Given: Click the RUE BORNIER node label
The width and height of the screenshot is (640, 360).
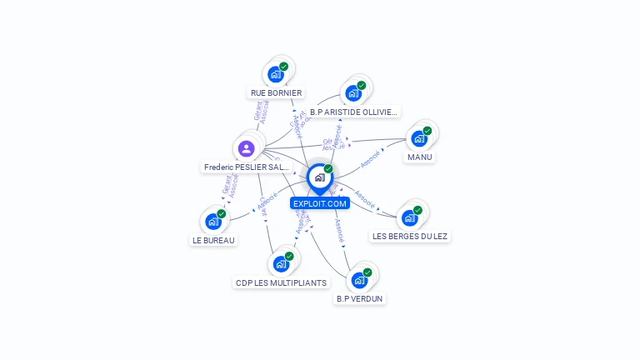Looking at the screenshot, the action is point(276,93).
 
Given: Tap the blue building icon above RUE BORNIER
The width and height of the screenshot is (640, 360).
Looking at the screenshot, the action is point(275,75).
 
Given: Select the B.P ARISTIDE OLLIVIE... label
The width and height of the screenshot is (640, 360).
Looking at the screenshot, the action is point(353,111).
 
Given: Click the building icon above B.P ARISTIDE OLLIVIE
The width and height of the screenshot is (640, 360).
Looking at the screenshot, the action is point(353,92).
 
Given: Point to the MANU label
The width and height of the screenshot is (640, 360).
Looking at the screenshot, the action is point(420,157).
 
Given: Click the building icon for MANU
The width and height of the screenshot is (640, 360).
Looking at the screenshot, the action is point(419,138).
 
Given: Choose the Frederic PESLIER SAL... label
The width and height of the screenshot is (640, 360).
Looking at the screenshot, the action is point(247,167).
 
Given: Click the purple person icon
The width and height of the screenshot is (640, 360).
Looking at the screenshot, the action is point(246,149).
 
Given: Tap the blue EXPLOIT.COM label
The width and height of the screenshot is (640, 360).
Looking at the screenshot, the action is point(319,203).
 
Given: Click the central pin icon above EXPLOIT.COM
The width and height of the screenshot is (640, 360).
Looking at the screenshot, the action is point(319,177).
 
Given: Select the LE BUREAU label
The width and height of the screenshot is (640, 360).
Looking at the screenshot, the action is point(213,240).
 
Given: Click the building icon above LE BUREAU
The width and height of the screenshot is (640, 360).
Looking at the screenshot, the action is point(213,222).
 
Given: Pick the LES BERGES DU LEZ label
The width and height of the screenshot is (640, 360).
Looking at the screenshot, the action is point(410,236).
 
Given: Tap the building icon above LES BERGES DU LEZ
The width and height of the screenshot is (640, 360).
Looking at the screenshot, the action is point(409,218).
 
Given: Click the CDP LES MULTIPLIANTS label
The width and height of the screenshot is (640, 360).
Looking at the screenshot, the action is point(282,282).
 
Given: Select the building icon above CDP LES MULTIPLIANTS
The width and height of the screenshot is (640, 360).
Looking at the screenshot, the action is point(281,264).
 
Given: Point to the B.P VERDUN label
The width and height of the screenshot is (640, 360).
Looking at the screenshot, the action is point(360,297).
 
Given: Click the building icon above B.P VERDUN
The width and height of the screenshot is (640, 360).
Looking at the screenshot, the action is point(359,280).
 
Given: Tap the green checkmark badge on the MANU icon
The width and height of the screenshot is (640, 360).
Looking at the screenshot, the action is point(427,131).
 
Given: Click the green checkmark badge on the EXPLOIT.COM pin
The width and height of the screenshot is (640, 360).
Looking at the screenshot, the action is point(328,169).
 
